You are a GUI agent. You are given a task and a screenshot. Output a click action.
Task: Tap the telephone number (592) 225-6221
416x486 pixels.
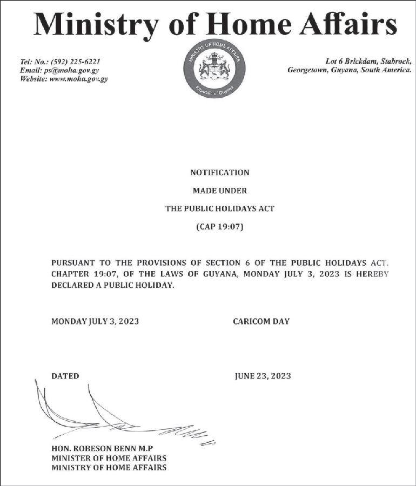pos(75,62)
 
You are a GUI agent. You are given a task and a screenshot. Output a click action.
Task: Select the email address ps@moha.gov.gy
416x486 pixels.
pos(71,70)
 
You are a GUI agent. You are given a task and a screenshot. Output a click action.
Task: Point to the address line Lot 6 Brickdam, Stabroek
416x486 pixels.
pos(368,62)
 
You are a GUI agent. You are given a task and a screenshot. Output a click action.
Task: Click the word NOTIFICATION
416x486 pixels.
pos(220,173)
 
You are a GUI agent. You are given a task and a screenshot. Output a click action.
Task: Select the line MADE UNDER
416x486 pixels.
pos(220,191)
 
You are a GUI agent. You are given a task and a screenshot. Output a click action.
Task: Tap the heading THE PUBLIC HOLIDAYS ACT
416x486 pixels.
pos(220,208)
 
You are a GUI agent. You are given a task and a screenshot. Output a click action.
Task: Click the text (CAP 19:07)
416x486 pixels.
pos(220,227)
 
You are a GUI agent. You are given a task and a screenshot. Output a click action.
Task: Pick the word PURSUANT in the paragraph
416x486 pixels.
pos(73,262)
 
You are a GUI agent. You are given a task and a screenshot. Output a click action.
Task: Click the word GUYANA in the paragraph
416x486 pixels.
pos(219,274)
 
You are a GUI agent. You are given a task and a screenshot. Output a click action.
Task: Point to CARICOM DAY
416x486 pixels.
pos(261,321)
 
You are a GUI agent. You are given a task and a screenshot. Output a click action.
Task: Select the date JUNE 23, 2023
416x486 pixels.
pos(263,376)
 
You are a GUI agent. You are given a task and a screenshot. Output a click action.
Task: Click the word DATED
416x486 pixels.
pos(65,376)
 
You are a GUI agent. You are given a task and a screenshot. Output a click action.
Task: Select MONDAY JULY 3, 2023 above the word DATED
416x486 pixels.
pos(95,321)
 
